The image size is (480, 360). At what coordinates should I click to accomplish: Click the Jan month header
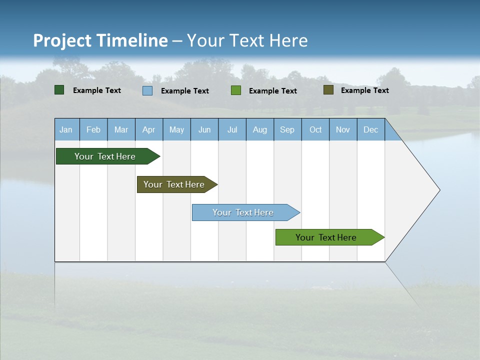point(66,129)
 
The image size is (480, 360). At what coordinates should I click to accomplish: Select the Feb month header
point(93,129)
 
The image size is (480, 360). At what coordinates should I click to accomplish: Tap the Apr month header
point(149,129)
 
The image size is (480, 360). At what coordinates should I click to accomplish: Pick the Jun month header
point(204,129)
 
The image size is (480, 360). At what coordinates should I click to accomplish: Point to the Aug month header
point(260,129)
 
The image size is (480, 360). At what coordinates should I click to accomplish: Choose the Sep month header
point(287,129)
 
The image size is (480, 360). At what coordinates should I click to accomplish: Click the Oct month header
point(315,129)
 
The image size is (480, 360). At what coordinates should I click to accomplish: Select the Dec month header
point(371,129)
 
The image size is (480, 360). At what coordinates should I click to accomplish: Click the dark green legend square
point(59,90)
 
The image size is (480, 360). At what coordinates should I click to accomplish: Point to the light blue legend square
point(147,90)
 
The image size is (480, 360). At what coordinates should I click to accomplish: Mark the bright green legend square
point(236,90)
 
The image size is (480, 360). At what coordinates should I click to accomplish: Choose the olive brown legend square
point(328,90)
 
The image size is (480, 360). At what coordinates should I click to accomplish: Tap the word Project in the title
point(62,40)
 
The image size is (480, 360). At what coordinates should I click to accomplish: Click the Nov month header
point(343,129)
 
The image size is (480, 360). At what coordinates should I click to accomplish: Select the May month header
point(176,129)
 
